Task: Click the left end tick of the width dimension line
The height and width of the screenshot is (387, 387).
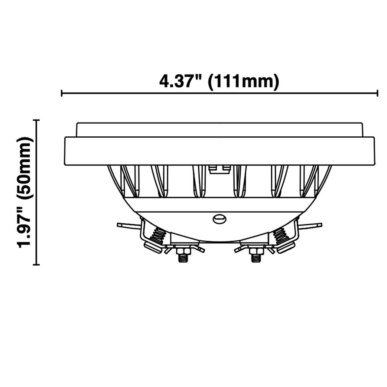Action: point(62,93)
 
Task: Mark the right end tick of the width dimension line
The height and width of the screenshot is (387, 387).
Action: point(378,93)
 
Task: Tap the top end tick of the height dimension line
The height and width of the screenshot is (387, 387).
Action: point(37,120)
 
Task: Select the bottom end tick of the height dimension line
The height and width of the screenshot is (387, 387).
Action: point(37,265)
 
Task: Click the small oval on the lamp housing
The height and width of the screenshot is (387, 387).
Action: point(220,219)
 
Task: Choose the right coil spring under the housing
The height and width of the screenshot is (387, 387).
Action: point(280,236)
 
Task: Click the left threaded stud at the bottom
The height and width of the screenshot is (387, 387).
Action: point(182,258)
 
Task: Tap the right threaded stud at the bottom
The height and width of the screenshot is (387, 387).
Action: point(256,258)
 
